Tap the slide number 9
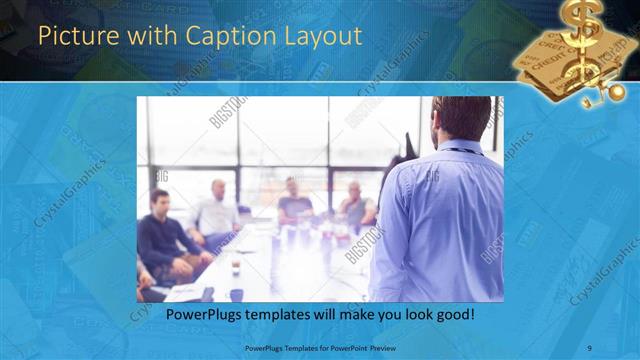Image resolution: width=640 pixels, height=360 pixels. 590,347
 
